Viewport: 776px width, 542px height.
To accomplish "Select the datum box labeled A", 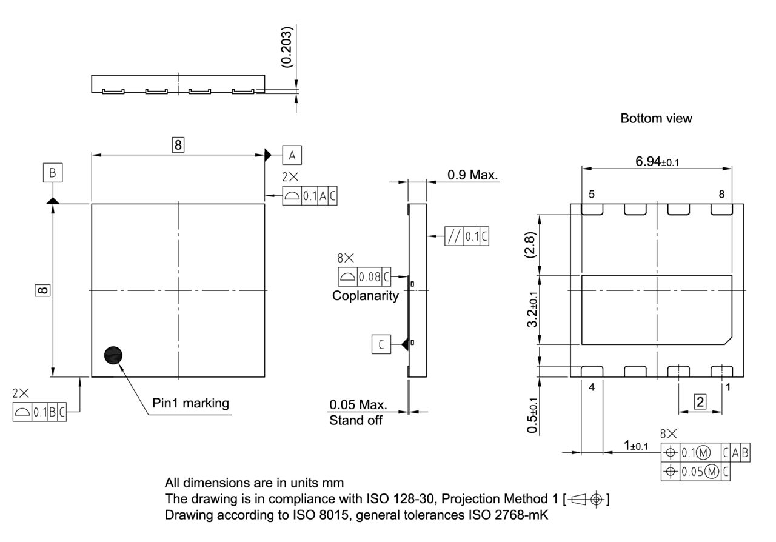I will [x=292, y=155].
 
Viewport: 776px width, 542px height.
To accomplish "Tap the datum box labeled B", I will [x=53, y=173].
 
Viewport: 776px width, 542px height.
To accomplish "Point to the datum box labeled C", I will [x=381, y=344].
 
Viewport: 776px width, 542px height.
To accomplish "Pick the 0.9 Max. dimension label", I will [x=472, y=175].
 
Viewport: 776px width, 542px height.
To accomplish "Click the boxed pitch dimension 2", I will [x=700, y=401].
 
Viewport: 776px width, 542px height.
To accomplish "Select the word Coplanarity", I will [x=366, y=296].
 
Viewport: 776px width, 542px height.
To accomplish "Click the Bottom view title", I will [x=656, y=119].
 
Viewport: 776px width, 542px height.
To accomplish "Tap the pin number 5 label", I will [x=591, y=194].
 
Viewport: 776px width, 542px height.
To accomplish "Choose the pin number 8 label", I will [x=721, y=194].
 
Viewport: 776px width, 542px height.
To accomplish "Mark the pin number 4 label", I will [x=591, y=386].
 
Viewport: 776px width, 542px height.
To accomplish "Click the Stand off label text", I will [x=356, y=420].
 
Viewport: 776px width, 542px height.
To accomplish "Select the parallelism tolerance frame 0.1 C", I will [x=466, y=236].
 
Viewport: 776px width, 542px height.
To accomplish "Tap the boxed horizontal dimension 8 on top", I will [x=178, y=145].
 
